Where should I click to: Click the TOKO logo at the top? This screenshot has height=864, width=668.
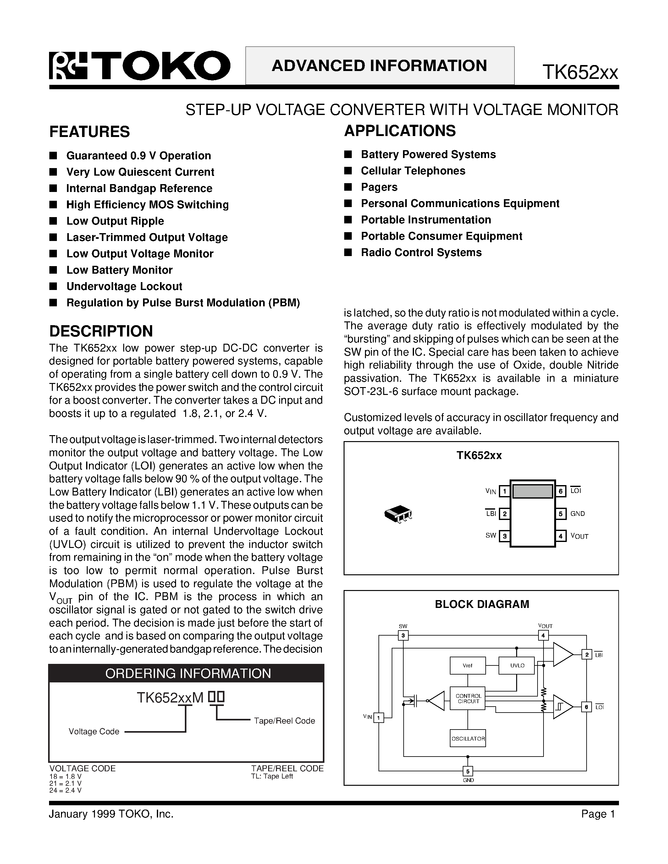(139, 66)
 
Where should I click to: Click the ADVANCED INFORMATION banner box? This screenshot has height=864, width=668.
(379, 66)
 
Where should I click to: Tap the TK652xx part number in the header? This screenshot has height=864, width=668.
(580, 72)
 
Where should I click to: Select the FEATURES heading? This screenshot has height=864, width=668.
(90, 132)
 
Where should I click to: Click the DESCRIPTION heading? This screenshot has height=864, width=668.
(101, 331)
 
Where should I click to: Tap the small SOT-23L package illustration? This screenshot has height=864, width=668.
(398, 514)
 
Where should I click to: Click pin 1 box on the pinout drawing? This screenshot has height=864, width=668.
(504, 491)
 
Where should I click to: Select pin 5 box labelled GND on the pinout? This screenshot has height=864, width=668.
(561, 514)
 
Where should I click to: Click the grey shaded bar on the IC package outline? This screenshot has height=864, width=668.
(533, 491)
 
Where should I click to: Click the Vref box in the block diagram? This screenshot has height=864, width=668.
(467, 665)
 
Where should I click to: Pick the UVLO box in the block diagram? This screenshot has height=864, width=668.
(517, 665)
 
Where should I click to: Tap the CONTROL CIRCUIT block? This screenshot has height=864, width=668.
(468, 699)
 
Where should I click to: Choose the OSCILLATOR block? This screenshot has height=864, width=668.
(468, 738)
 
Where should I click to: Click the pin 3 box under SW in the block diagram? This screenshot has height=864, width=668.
(403, 636)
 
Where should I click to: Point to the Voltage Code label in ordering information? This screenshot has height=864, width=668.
(94, 731)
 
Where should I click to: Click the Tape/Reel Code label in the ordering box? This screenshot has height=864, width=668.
(284, 721)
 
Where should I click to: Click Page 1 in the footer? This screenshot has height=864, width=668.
(598, 814)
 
